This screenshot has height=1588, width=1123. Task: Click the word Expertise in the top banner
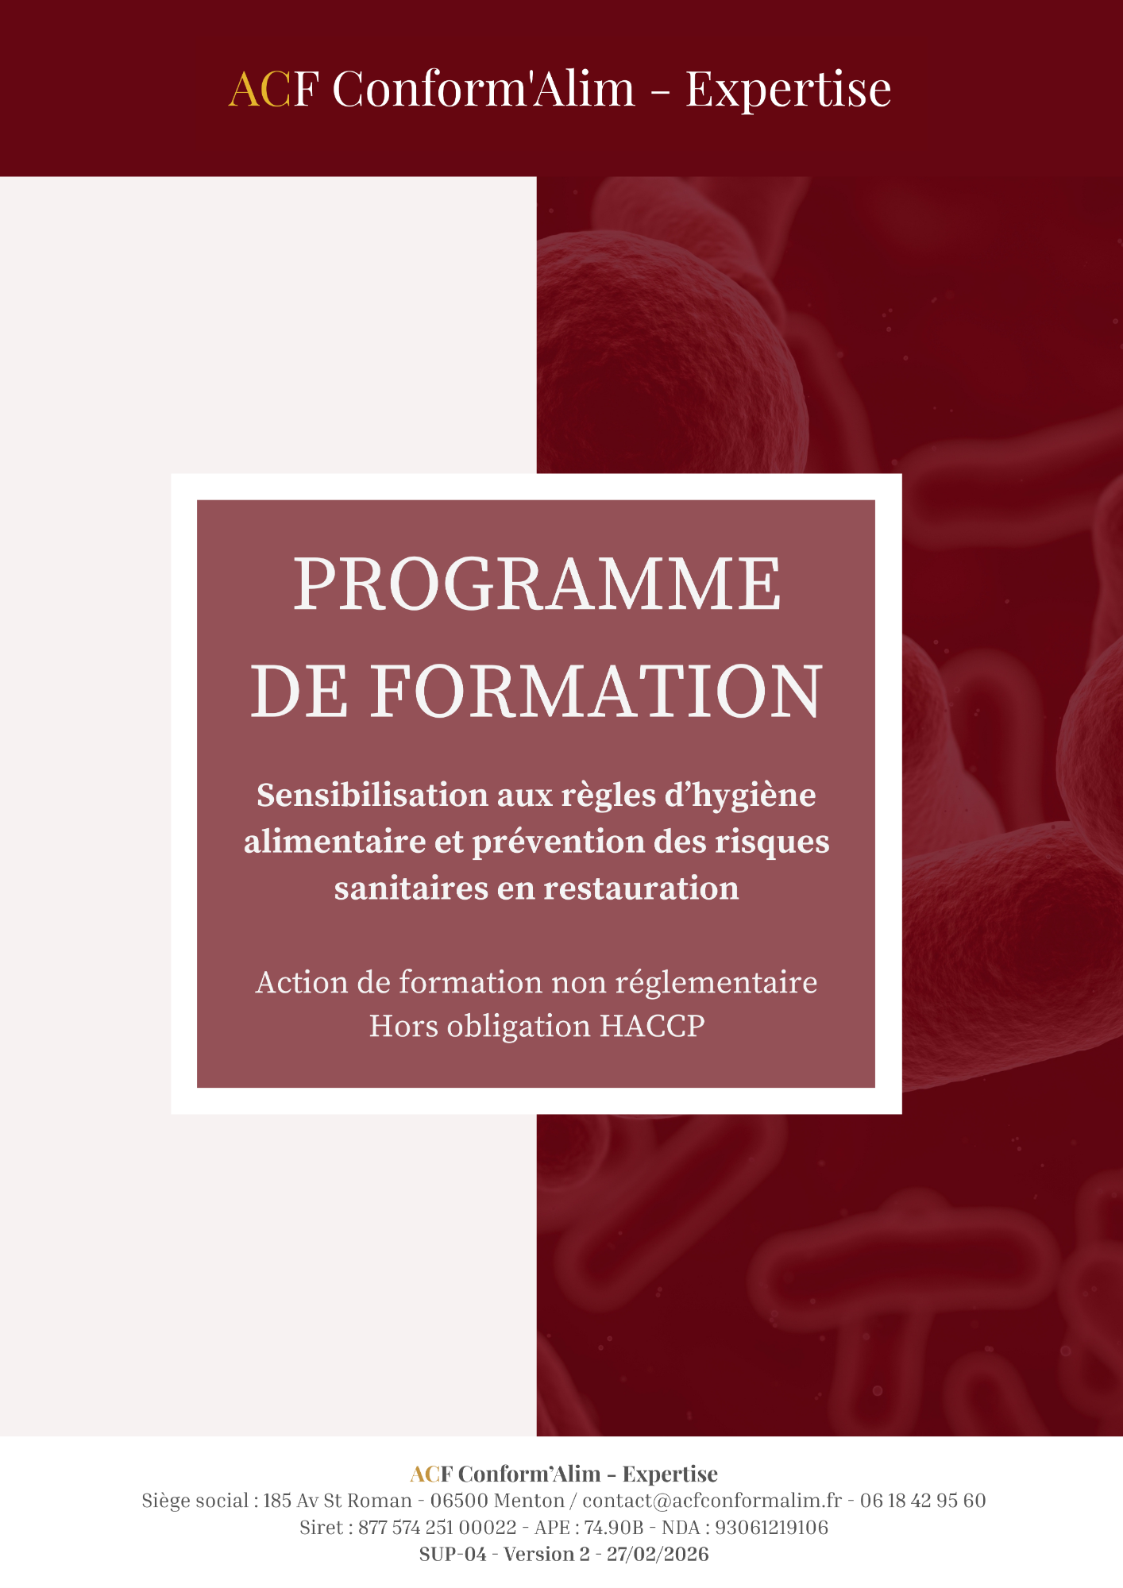(788, 90)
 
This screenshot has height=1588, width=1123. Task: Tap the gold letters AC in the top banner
(260, 88)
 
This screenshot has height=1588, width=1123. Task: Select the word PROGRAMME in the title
(538, 584)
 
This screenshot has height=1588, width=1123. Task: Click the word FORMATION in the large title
(596, 692)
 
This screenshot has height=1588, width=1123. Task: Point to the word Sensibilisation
(372, 795)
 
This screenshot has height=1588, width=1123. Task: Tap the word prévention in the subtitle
(559, 842)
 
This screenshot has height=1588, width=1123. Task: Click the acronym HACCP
(652, 1026)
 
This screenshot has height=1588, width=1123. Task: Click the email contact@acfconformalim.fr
(712, 1501)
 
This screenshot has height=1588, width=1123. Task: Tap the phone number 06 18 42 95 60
(923, 1501)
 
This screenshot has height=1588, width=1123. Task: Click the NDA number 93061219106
(771, 1528)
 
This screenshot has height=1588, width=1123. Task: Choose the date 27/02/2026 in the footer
(658, 1555)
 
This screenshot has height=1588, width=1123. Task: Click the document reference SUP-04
(453, 1555)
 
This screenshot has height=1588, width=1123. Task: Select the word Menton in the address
(529, 1501)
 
